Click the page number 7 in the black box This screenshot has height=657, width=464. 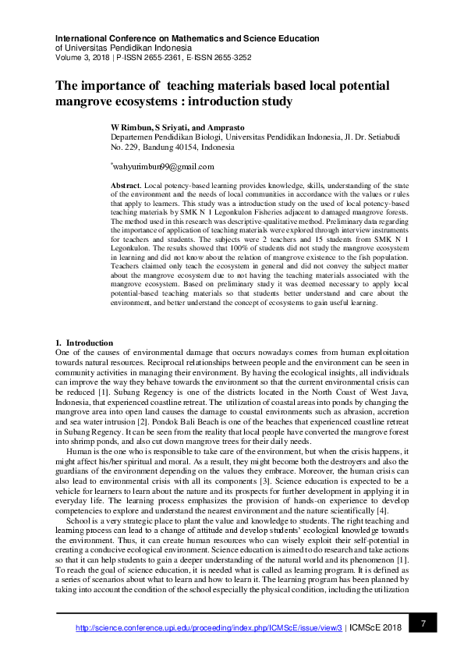423,623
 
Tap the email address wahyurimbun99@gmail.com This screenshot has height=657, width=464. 163,166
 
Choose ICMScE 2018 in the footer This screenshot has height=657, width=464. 377,627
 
